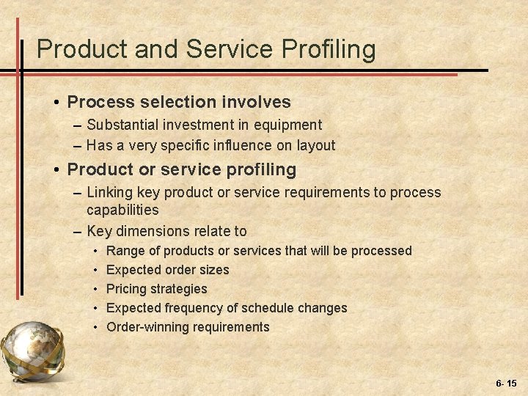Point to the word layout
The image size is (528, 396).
[x=315, y=145]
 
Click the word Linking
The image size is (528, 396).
[x=110, y=192]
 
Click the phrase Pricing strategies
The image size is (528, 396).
[x=157, y=289]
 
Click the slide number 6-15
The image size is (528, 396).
[x=506, y=384]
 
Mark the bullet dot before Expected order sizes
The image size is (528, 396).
[x=97, y=270]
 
